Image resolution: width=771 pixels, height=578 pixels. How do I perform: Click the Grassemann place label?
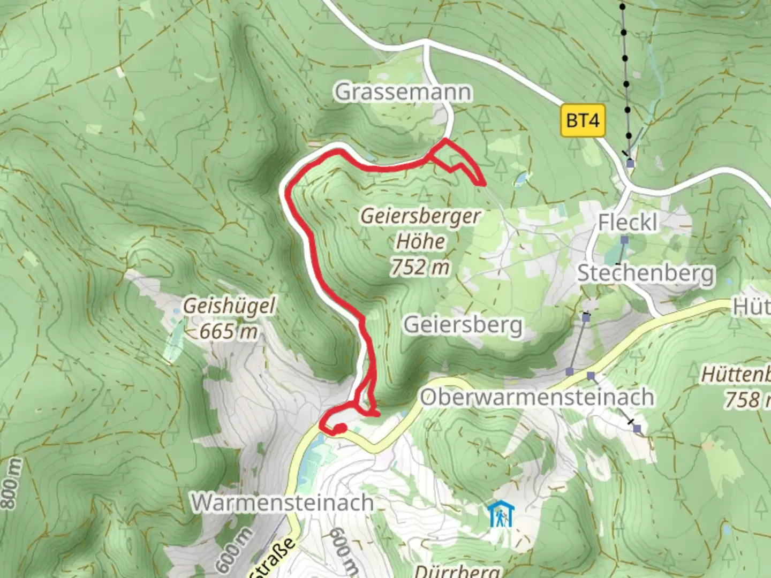tap(403, 92)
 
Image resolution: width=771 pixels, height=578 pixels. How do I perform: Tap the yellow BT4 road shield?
tap(583, 120)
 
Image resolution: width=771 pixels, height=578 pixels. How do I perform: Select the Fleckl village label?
tap(628, 222)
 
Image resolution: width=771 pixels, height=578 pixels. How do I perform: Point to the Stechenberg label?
tap(646, 273)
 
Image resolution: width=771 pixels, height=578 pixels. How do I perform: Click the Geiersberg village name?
tap(463, 325)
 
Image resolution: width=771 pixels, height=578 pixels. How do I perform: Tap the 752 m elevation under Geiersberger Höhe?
tap(420, 267)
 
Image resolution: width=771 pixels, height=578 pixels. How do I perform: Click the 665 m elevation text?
tap(228, 332)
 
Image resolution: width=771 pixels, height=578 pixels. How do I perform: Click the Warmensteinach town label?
tap(283, 503)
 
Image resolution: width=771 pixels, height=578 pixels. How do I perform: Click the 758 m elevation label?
tap(747, 399)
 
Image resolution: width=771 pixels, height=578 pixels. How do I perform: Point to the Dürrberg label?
tap(457, 571)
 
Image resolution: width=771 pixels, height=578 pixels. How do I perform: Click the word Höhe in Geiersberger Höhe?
tap(420, 241)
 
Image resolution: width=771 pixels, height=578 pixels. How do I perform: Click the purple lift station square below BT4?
tap(630, 163)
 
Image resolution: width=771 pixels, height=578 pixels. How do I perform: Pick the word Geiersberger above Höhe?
tap(420, 217)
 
